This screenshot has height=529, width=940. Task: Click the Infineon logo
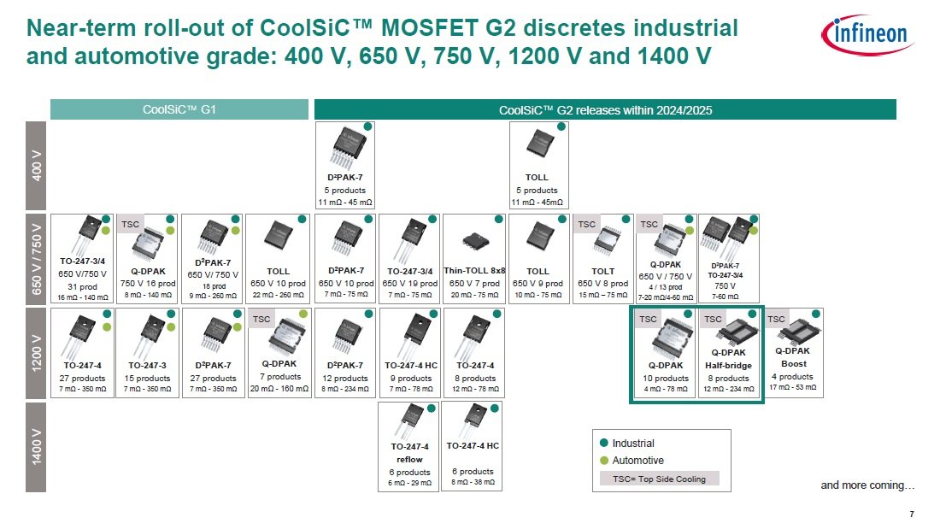coord(867,35)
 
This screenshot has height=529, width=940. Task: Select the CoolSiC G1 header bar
coord(179,109)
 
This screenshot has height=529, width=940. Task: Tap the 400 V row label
coord(36,166)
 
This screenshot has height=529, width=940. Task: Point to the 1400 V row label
coord(36,447)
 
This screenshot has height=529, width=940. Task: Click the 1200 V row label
coord(36,353)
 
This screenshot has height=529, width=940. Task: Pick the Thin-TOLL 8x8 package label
coord(474,271)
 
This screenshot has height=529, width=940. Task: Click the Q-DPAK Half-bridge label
coord(728,359)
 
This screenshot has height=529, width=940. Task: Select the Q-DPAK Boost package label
coord(793,357)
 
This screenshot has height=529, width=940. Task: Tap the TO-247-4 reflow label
coord(409,453)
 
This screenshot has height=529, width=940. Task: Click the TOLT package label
coord(602,271)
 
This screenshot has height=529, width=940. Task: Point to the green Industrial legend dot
coord(603,444)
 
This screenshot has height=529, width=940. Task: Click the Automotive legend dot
coord(603,461)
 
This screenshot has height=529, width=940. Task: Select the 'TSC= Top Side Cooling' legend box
coord(659,479)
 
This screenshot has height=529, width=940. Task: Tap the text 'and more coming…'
coord(867,485)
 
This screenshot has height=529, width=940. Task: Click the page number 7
coord(912,514)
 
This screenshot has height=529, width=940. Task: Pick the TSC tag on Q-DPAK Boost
coord(776,319)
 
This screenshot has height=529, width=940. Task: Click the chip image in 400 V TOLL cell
coord(539,144)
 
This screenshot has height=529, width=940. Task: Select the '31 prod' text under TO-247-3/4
coord(82,286)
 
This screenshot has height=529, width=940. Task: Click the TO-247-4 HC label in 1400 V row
coord(473,445)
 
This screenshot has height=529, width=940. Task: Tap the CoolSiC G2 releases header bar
coord(606,109)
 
